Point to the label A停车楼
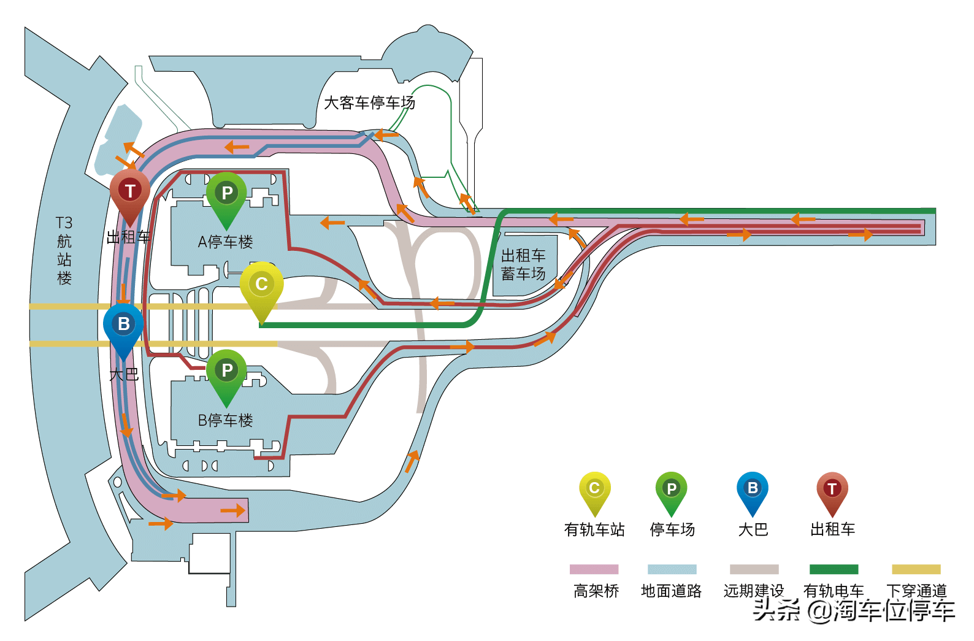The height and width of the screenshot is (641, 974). click(x=225, y=242)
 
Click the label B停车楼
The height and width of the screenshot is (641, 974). click(x=225, y=420)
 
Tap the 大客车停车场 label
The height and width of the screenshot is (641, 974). click(x=370, y=102)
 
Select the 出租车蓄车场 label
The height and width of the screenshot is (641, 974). click(x=523, y=264)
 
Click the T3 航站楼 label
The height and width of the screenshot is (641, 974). click(x=64, y=250)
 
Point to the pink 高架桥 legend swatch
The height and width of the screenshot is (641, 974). click(x=594, y=569)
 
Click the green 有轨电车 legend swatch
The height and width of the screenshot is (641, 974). click(x=834, y=569)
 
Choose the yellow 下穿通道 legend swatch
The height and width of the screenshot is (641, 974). click(x=916, y=569)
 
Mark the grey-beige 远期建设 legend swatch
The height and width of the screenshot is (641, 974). click(x=754, y=569)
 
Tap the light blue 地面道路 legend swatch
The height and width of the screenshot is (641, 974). click(x=672, y=569)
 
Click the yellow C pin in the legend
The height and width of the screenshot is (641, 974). click(x=594, y=493)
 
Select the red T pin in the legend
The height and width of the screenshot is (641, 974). click(x=832, y=493)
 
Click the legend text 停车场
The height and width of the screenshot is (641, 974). click(x=672, y=529)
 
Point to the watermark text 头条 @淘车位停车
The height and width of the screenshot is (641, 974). click(x=854, y=610)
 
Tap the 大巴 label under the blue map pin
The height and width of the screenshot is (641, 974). click(x=124, y=374)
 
